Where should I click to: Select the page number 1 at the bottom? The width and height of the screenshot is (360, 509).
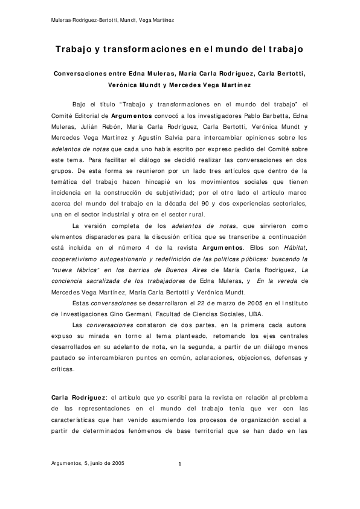click(x=180, y=464)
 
